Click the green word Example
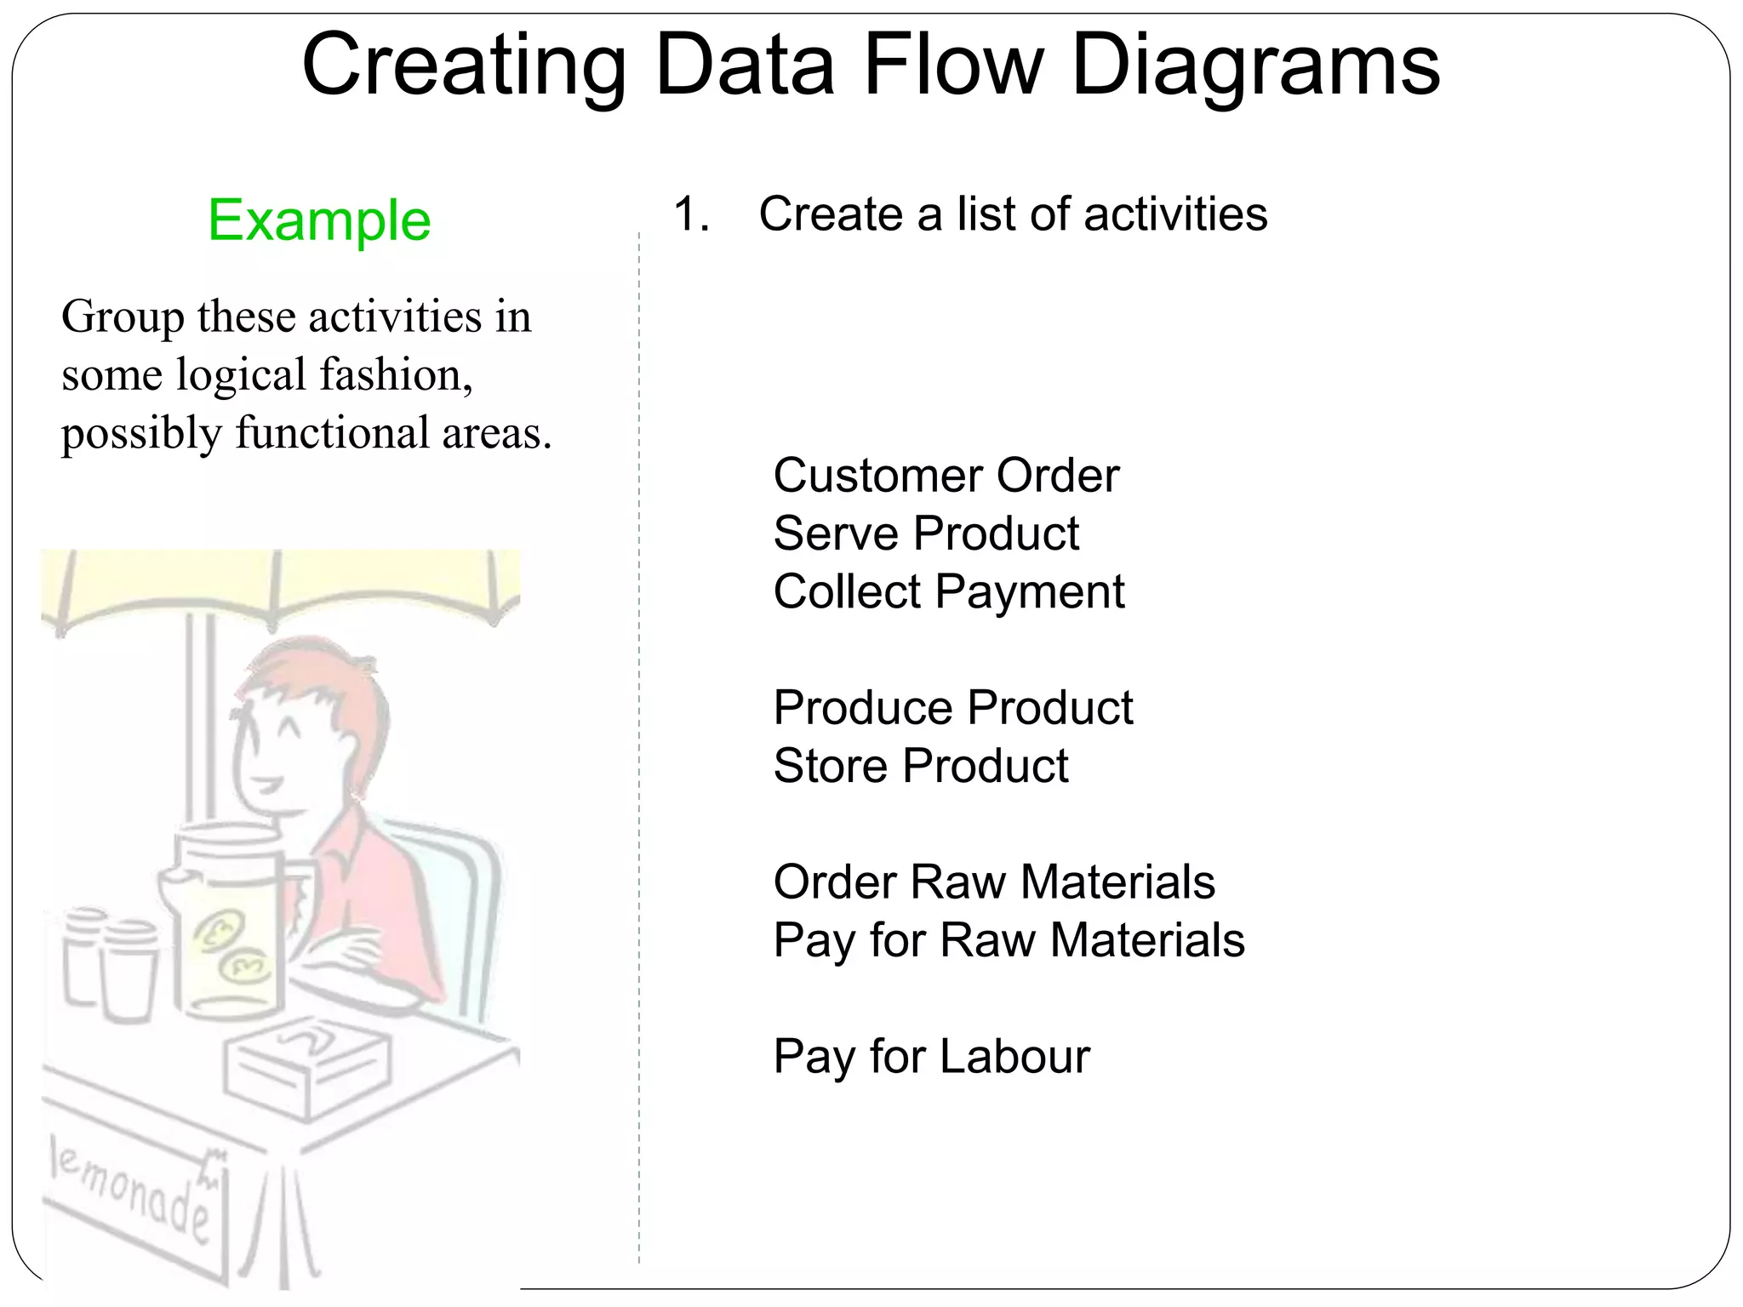319,220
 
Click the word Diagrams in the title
1255,66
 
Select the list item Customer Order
946,475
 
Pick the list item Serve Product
926,534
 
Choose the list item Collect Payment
948,591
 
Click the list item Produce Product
952,707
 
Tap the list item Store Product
920,765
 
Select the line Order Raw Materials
993,882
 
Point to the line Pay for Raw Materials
1009,940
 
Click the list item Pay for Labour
931,1057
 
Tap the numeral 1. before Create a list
690,214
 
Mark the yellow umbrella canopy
281,583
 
